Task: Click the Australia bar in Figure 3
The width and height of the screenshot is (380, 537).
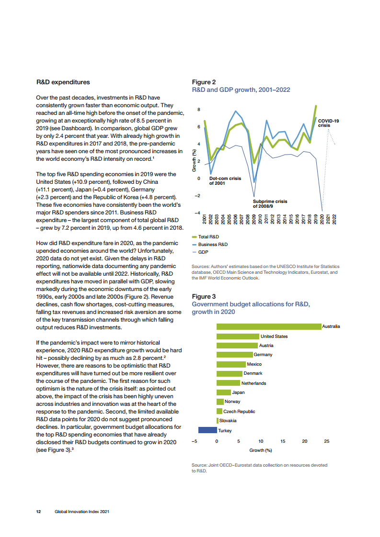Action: (x=268, y=326)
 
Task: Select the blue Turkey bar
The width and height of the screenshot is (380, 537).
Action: (x=207, y=430)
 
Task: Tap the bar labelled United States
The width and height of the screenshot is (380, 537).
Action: (x=238, y=336)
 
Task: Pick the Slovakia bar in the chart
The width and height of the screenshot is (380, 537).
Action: (x=218, y=421)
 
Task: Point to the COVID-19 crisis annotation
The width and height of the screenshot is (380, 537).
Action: (x=328, y=123)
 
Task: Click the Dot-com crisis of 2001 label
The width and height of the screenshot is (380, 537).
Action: (x=225, y=180)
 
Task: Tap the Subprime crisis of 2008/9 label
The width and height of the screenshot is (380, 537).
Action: (x=270, y=204)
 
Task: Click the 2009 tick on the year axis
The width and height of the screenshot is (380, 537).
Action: (x=254, y=220)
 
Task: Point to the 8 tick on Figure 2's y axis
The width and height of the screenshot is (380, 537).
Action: (x=199, y=110)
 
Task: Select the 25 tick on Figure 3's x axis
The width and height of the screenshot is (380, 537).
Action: (x=326, y=441)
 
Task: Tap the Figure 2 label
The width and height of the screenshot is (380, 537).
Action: (x=204, y=82)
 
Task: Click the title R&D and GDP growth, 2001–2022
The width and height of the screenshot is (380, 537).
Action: (x=241, y=90)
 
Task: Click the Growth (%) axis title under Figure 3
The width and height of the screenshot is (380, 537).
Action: (x=261, y=450)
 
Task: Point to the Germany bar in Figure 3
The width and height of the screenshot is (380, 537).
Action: (x=234, y=355)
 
